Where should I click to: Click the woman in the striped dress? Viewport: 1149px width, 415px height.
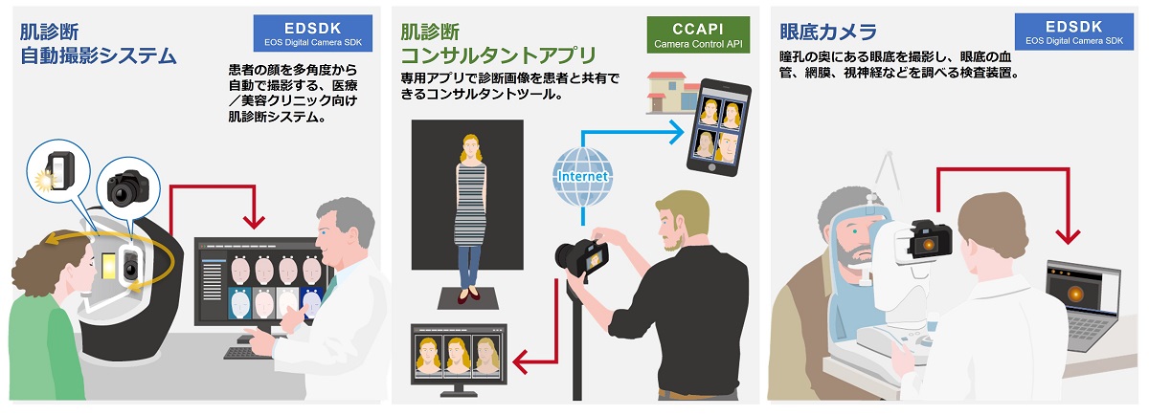click(x=468, y=211)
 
